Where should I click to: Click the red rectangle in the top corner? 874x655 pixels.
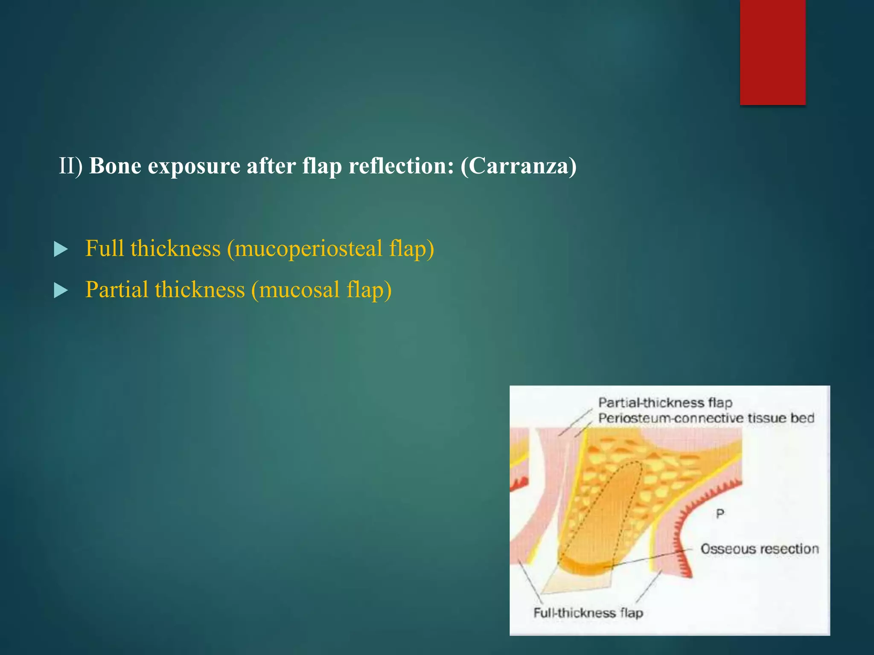[772, 52]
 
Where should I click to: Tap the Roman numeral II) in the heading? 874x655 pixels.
[70, 166]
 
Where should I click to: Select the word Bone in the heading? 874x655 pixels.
[115, 166]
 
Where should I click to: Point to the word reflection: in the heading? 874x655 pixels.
[401, 166]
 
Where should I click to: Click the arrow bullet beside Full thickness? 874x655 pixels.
[61, 249]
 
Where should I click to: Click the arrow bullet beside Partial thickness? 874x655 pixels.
[61, 291]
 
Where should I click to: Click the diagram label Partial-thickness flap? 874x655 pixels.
[665, 403]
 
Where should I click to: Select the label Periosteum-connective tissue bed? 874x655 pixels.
[706, 418]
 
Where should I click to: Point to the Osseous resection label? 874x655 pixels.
[760, 549]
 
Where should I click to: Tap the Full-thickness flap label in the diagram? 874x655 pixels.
[588, 613]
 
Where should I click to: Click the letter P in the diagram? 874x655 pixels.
[720, 514]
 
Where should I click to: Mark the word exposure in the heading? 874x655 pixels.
[194, 166]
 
